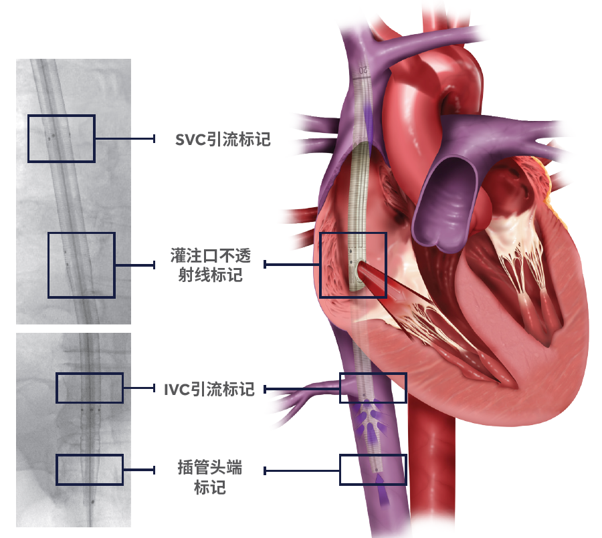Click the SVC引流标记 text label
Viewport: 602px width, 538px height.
pos(223,139)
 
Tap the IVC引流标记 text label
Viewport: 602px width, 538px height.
pos(209,389)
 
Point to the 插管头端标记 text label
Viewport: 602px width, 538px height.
pos(210,477)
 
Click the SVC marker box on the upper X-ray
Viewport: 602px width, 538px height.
pos(61,138)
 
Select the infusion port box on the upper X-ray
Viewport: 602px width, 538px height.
pos(82,265)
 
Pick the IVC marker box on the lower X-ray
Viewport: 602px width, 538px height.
pos(90,388)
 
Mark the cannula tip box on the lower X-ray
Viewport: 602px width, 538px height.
pos(90,470)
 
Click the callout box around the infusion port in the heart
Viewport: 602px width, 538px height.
pos(353,265)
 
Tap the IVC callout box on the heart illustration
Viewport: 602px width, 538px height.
pos(373,388)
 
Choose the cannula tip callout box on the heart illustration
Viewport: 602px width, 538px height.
pos(373,470)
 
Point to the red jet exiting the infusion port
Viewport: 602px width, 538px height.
pos(376,281)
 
